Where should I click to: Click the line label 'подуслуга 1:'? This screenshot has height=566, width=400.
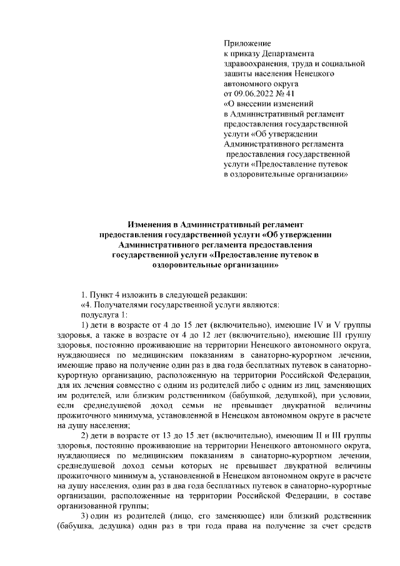point(104,314)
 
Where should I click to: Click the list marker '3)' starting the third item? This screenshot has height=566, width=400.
point(87,514)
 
